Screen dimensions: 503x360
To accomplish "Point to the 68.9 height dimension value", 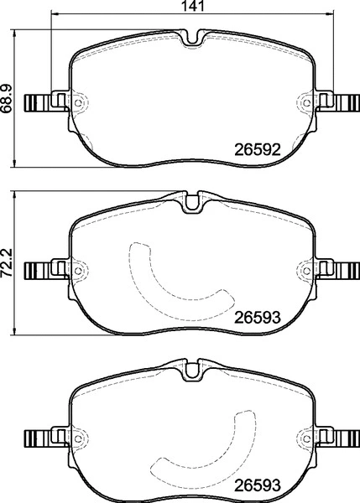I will pyautogui.click(x=7, y=100).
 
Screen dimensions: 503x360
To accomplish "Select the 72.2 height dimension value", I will pyautogui.click(x=7, y=263).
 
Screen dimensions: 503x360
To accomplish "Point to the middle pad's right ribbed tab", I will pyautogui.click(x=344, y=270).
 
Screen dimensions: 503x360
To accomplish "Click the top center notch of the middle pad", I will pyautogui.click(x=191, y=201).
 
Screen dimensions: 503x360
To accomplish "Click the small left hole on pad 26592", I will pyautogui.click(x=80, y=104).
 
